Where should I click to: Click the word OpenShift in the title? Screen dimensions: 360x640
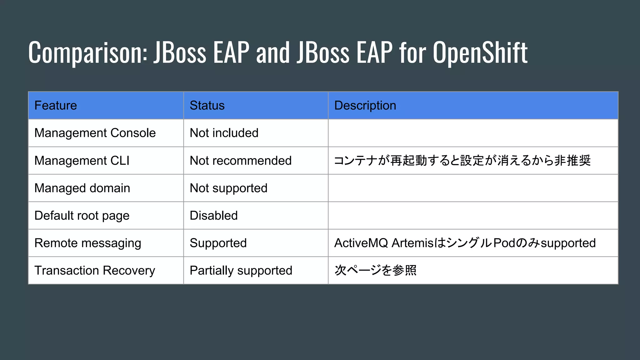tap(480, 52)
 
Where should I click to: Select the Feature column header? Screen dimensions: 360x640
tap(56, 106)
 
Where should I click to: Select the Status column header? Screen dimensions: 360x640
tap(207, 106)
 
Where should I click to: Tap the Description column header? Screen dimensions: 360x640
tap(365, 106)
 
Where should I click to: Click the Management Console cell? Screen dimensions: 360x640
tap(95, 133)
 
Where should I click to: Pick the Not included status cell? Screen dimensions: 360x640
tap(224, 133)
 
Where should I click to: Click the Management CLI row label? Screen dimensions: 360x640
tap(82, 161)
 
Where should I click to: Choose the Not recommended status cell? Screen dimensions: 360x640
tap(241, 161)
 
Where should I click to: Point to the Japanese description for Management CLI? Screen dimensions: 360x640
tap(462, 161)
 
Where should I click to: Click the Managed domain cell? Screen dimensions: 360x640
tap(82, 188)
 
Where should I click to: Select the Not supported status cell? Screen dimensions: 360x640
tap(228, 188)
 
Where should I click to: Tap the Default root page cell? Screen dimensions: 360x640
tap(82, 216)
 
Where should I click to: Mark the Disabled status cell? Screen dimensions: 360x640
tap(214, 216)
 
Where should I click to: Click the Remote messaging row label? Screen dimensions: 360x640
tap(88, 243)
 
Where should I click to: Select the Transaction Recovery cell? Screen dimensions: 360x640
tap(95, 271)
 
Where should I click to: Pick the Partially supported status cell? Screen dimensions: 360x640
tap(241, 271)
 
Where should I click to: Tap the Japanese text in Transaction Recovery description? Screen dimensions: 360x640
tap(375, 271)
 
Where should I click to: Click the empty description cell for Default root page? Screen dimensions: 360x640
tap(473, 216)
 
